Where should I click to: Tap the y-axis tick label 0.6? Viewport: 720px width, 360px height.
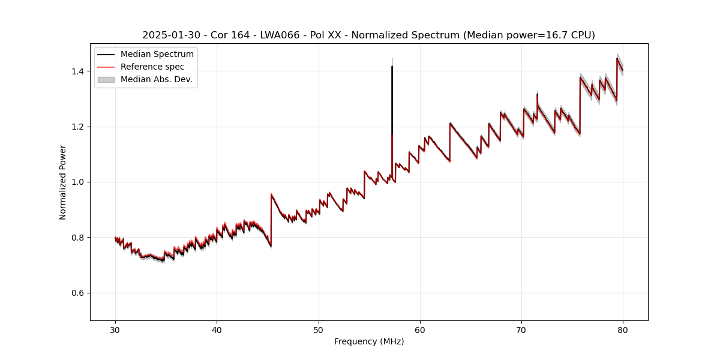tap(79, 293)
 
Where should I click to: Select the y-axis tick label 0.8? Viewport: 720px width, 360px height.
tap(79, 238)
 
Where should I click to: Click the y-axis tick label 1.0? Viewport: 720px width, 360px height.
tap(79, 182)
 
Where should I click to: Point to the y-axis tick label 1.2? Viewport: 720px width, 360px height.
tap(79, 127)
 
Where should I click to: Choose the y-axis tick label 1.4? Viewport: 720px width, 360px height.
tap(79, 71)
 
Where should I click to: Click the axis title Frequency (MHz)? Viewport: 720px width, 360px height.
tap(369, 341)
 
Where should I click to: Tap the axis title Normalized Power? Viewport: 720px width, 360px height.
tap(63, 182)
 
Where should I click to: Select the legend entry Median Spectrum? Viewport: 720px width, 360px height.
tap(157, 55)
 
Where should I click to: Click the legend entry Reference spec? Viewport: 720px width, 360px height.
tap(152, 67)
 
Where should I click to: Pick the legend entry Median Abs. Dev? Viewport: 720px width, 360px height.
tap(156, 79)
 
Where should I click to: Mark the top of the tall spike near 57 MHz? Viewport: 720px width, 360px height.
tap(392, 67)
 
